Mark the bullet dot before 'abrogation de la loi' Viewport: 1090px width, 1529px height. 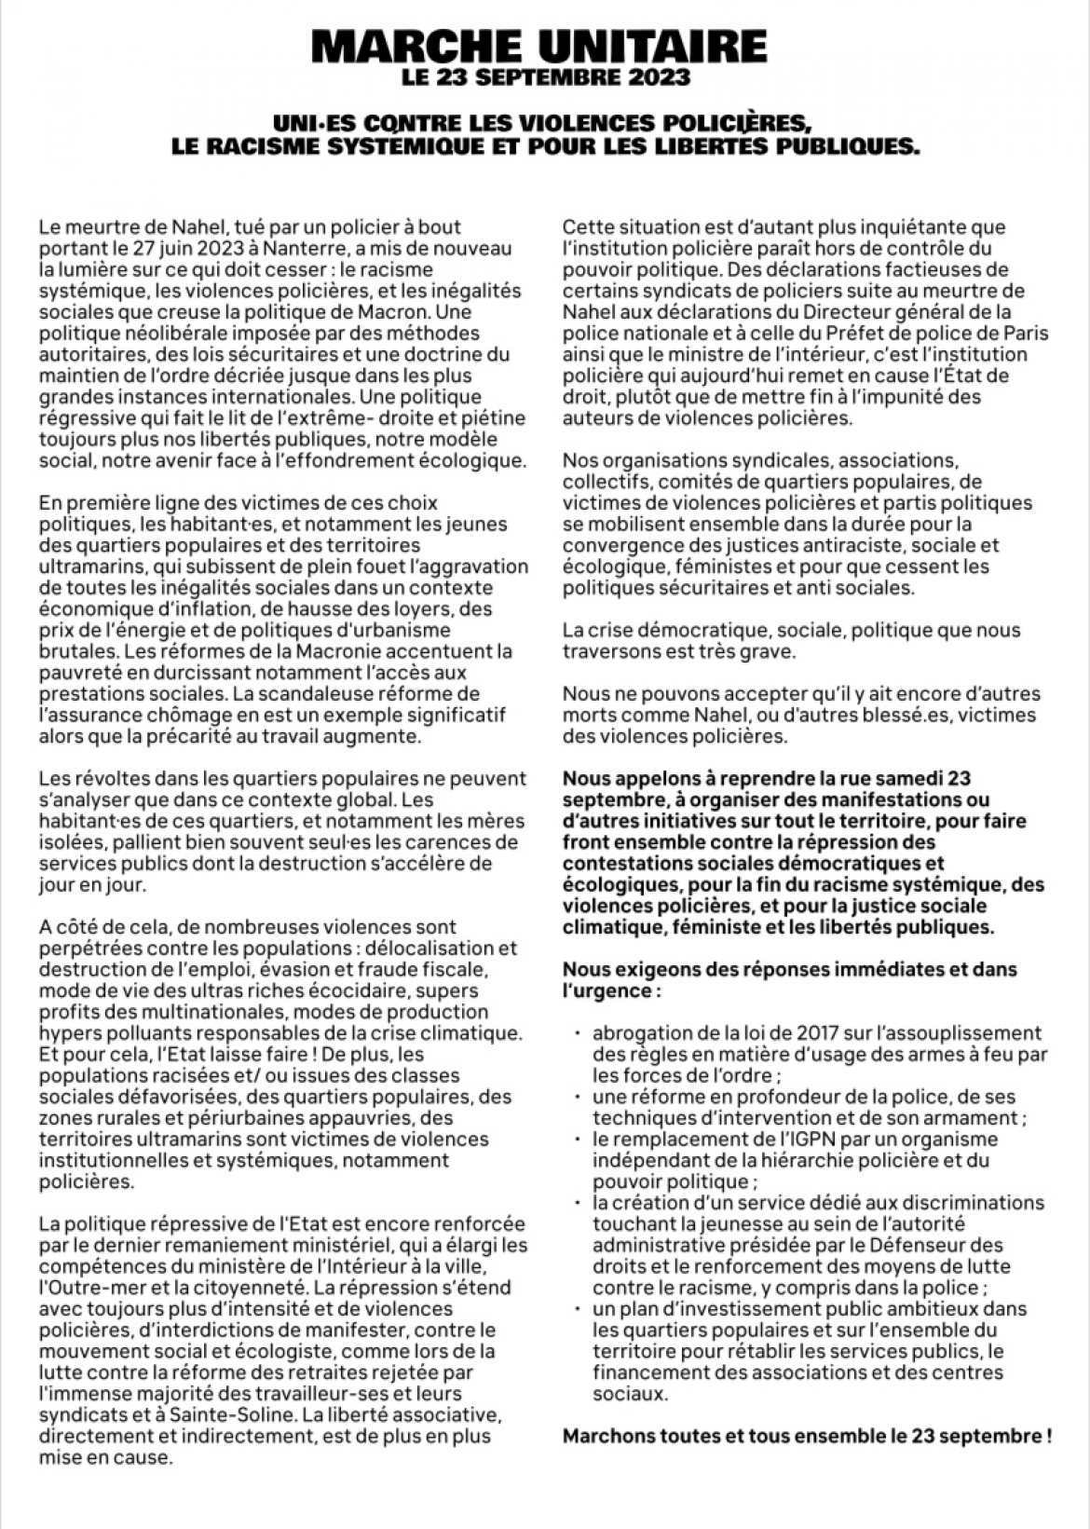578,1033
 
